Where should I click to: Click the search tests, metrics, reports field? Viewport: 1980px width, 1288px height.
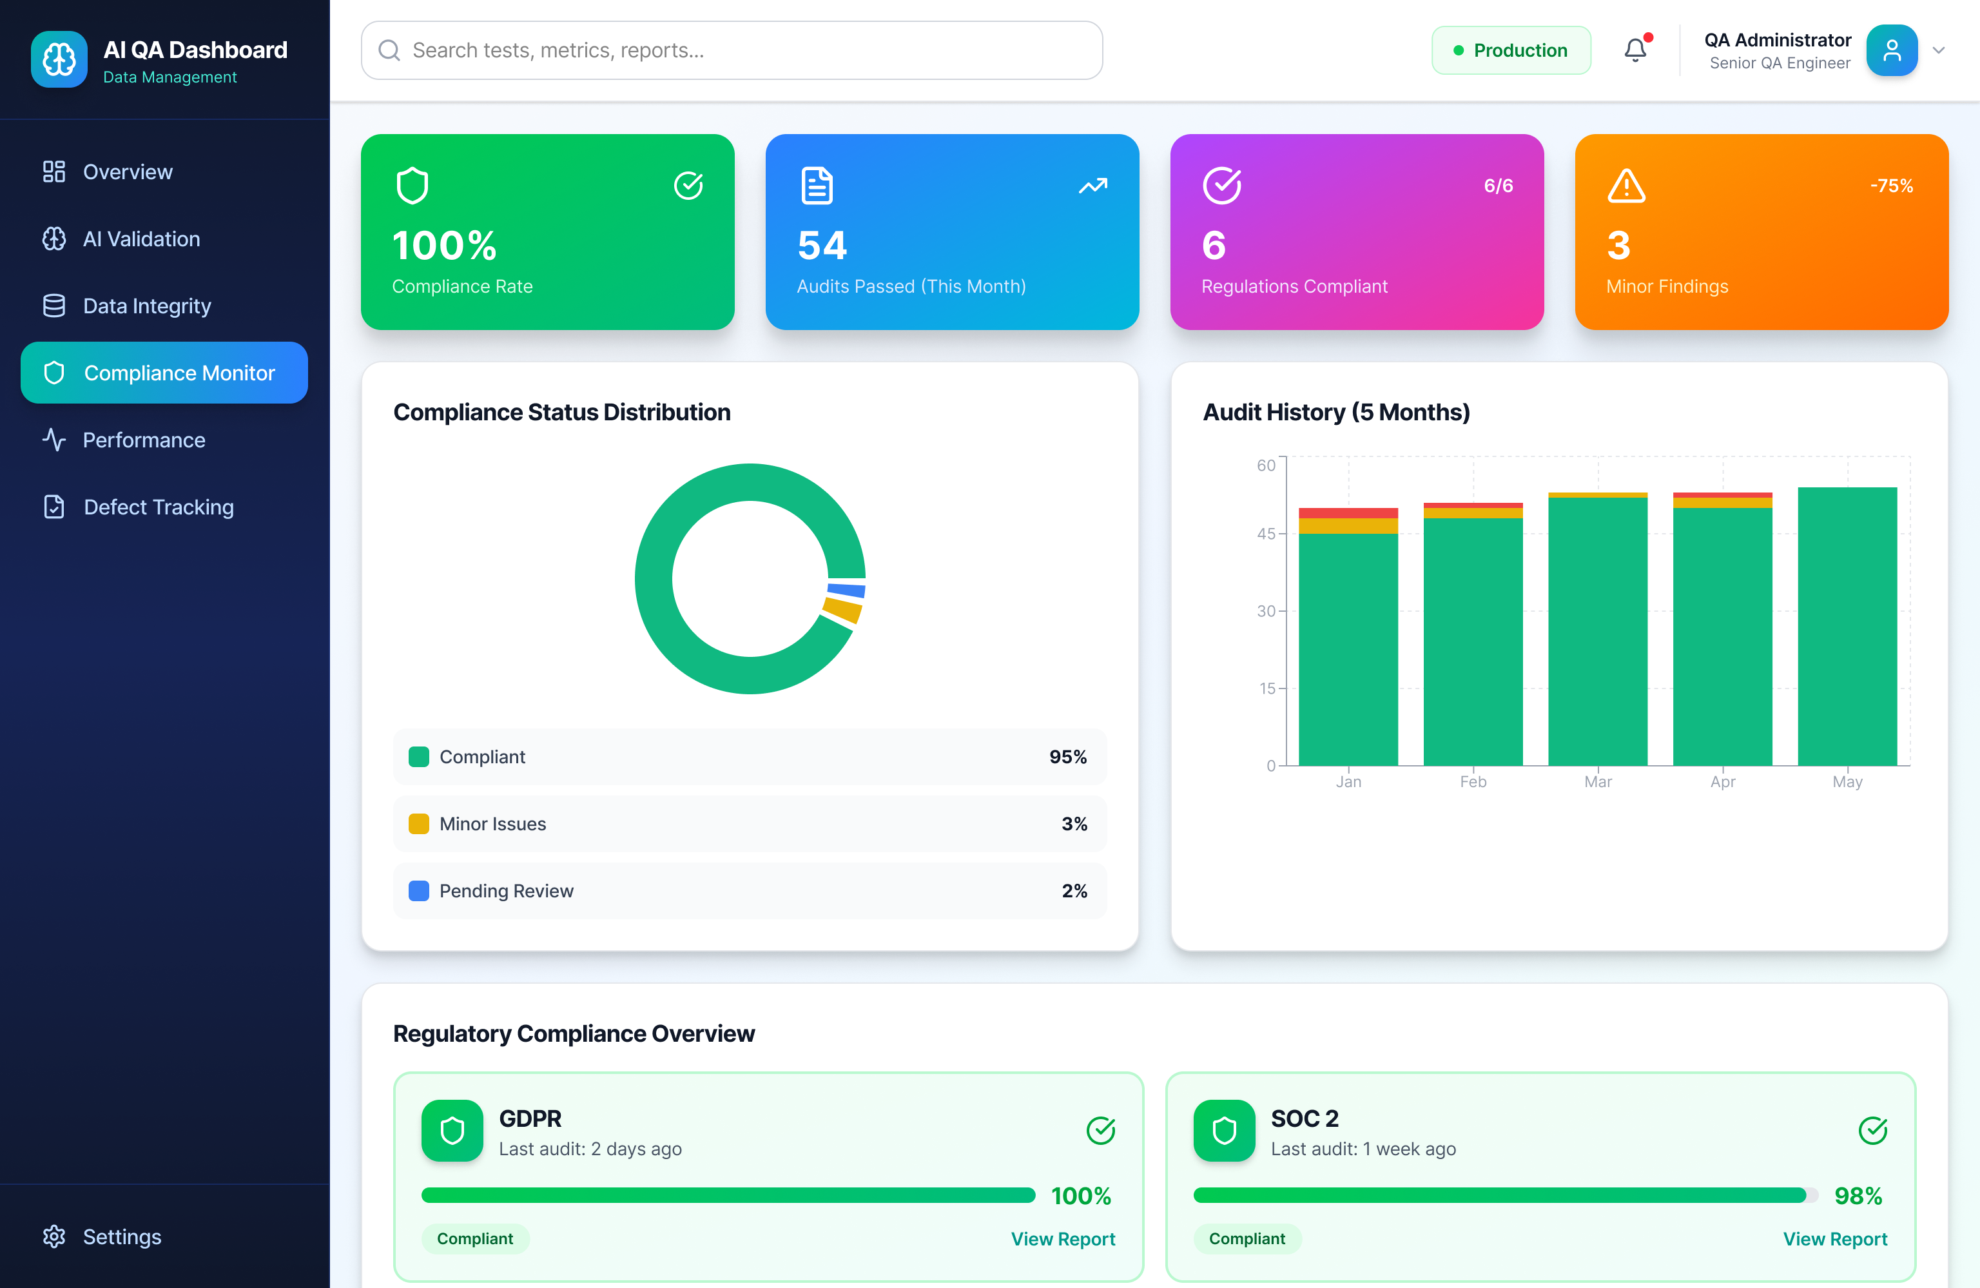coord(732,51)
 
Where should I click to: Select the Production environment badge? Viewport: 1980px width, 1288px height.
coord(1511,51)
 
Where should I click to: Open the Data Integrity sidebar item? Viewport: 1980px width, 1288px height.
coord(146,306)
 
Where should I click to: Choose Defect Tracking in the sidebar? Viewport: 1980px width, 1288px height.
coord(158,507)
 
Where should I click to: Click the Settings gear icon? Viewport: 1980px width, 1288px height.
coord(54,1236)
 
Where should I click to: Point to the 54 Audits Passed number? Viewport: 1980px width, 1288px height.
coord(822,246)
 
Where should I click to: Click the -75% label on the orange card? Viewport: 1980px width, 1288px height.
coord(1891,186)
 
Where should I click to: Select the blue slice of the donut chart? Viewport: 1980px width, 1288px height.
coord(847,590)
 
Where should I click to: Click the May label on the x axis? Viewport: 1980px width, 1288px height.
coord(1847,781)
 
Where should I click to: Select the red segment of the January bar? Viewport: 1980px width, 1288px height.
coord(1348,512)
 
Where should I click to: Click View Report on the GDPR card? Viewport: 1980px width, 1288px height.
coord(1062,1239)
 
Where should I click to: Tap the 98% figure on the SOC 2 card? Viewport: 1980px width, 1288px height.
coord(1858,1196)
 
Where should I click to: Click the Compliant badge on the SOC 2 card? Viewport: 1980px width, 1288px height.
coord(1247,1239)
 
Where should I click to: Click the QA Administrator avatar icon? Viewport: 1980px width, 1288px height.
coord(1891,51)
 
